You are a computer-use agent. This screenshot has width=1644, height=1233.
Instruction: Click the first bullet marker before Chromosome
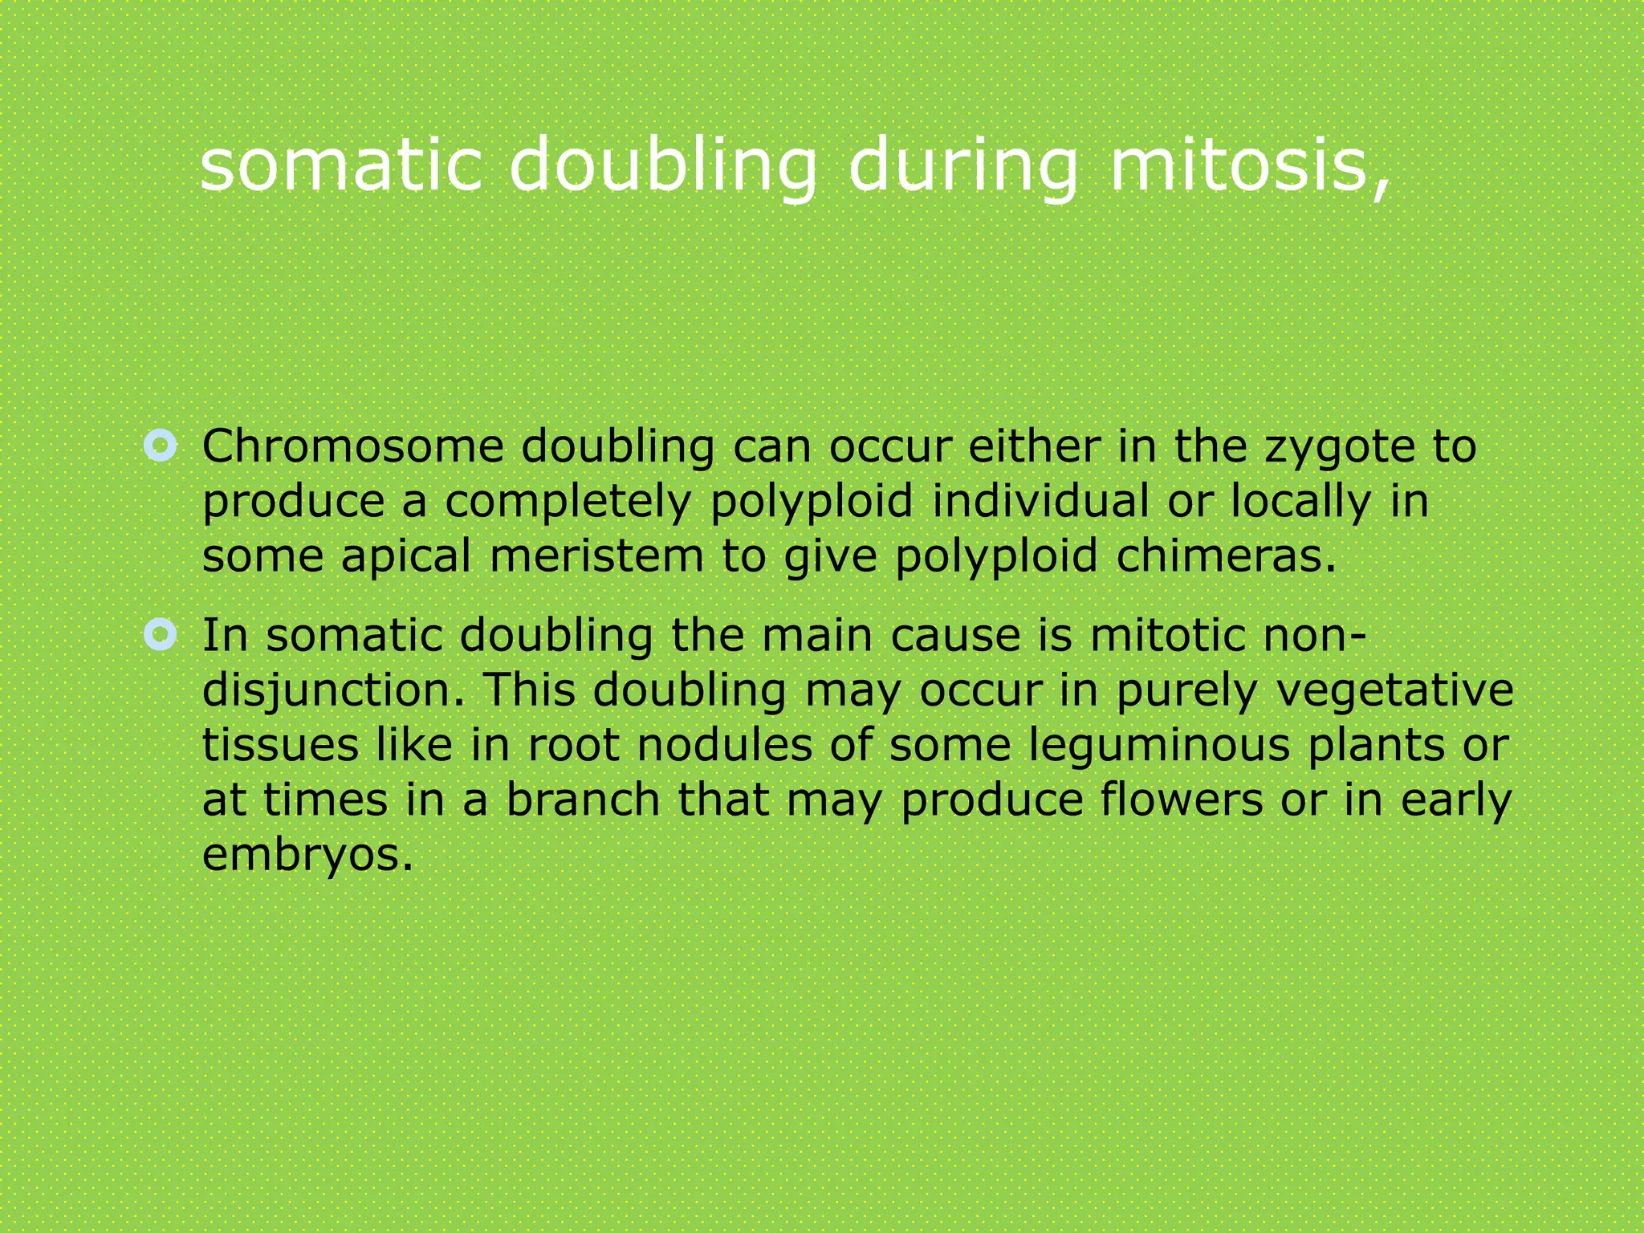pyautogui.click(x=161, y=446)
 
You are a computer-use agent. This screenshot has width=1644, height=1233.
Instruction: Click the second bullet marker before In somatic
pyautogui.click(x=161, y=635)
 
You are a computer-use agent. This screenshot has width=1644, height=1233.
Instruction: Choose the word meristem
pyautogui.click(x=596, y=555)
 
